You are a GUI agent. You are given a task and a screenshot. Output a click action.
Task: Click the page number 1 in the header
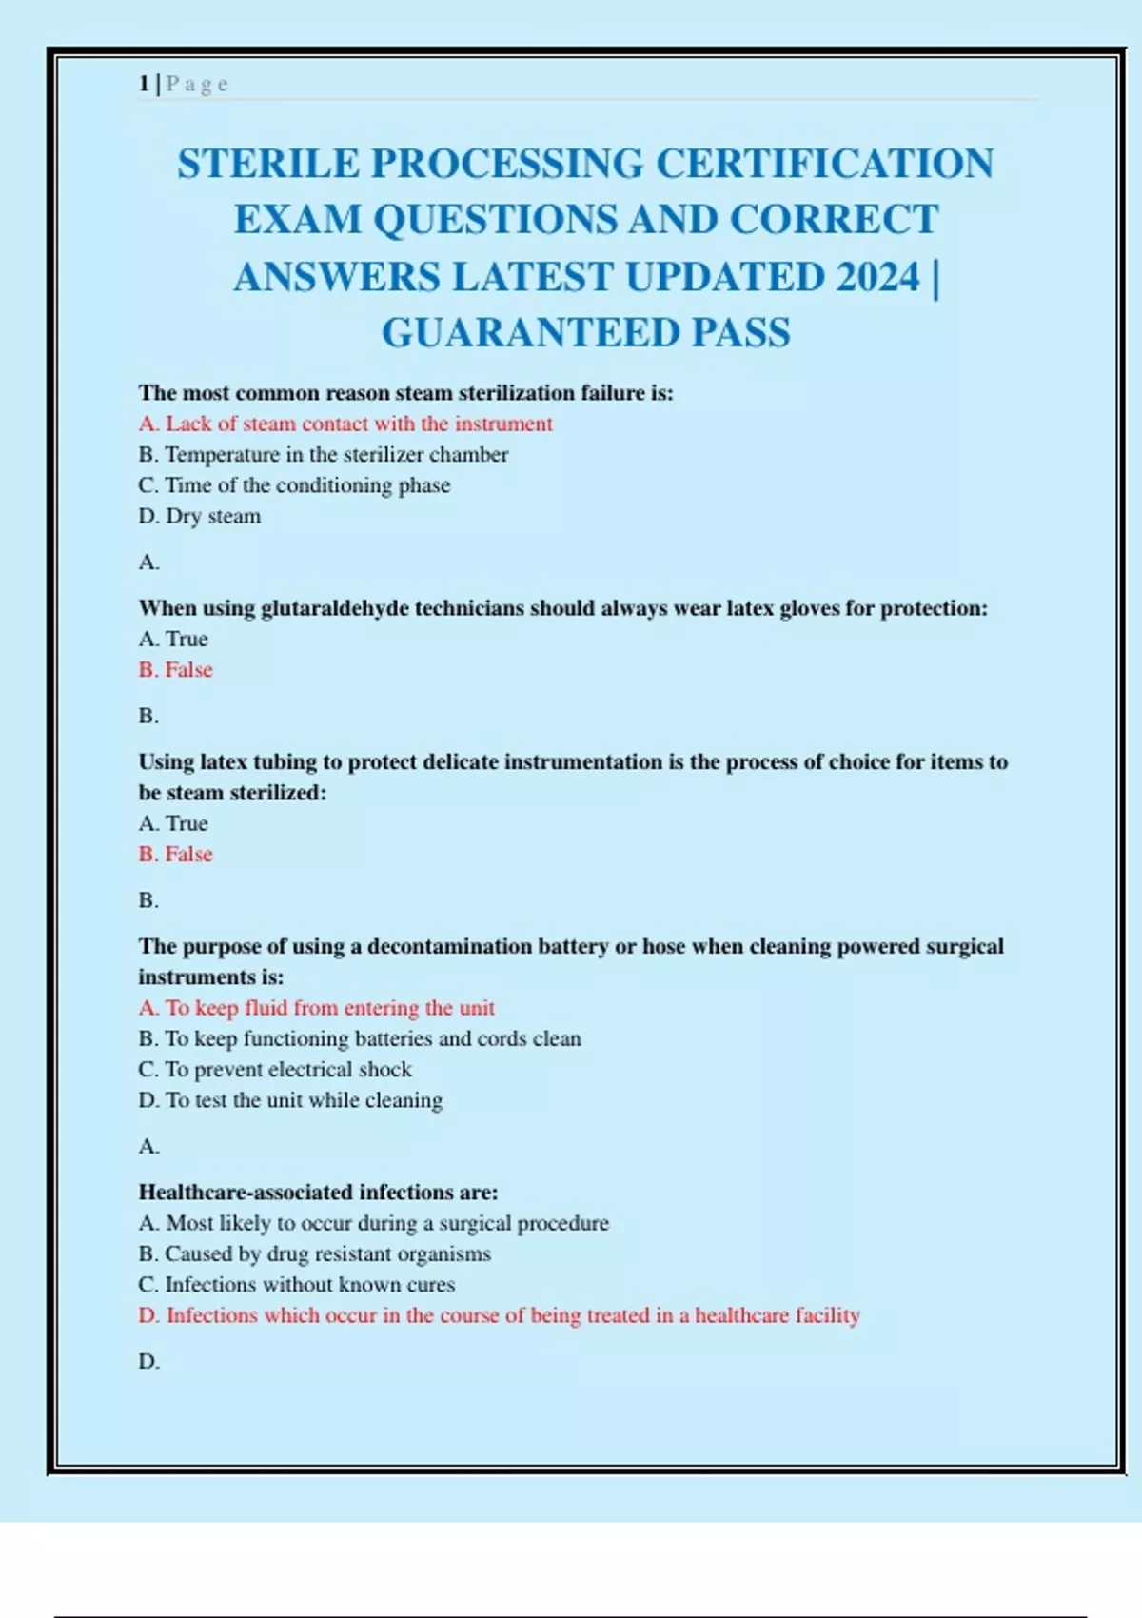(143, 84)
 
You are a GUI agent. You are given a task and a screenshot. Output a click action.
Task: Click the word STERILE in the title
(268, 164)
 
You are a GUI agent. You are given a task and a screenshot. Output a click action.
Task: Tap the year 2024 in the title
(877, 277)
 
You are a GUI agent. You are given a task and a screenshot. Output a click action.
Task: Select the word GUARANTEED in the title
(529, 333)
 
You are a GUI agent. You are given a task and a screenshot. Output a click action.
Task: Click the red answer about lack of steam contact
(345, 424)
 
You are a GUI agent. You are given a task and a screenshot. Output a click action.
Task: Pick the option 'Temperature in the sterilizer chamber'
(323, 454)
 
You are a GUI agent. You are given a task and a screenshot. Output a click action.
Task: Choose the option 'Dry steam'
(199, 516)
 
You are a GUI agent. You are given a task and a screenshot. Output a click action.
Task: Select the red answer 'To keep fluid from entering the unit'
(316, 1008)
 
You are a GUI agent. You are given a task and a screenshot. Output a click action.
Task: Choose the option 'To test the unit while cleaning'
(289, 1100)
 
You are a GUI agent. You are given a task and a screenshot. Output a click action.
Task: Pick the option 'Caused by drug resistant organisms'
(314, 1253)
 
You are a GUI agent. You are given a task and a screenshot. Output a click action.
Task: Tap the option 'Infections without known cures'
(296, 1285)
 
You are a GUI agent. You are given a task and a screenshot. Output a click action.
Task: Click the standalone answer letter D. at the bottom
(148, 1362)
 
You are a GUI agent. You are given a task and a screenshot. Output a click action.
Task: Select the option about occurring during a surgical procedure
(373, 1223)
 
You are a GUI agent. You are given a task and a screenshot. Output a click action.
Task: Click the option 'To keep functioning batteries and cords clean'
(359, 1038)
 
